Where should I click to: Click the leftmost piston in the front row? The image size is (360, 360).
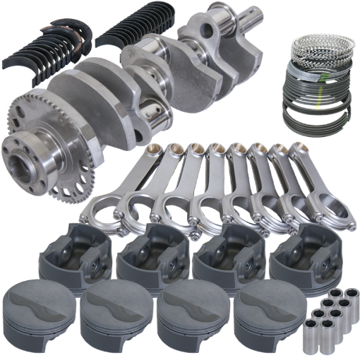click(39, 311)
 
